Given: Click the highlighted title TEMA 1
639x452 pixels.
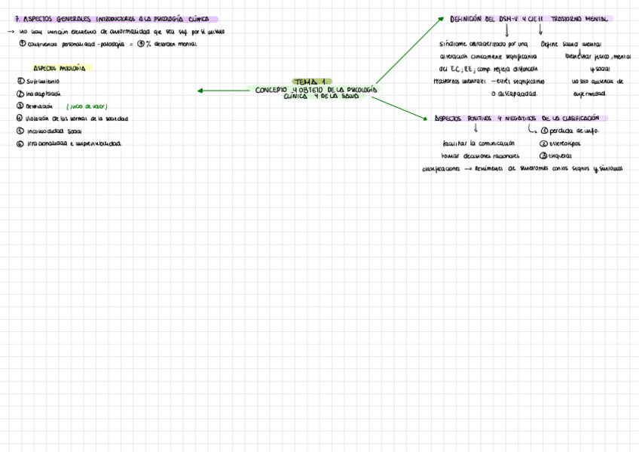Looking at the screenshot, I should tap(311, 81).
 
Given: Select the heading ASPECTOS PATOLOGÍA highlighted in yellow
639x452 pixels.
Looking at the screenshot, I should tap(59, 68).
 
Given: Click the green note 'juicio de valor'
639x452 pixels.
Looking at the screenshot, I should tap(87, 106).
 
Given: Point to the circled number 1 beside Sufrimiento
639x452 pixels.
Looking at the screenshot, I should tap(20, 81).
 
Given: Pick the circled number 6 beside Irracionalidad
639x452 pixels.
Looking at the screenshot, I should tap(20, 143).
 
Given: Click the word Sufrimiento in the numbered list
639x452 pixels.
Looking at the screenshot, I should tap(43, 81).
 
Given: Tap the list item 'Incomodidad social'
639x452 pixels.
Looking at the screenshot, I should tap(54, 131).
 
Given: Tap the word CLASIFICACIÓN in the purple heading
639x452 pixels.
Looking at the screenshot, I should tap(579, 118).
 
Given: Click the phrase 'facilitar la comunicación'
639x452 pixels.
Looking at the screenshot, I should tap(478, 143).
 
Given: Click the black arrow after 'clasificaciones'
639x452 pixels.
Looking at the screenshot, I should tap(468, 169).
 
